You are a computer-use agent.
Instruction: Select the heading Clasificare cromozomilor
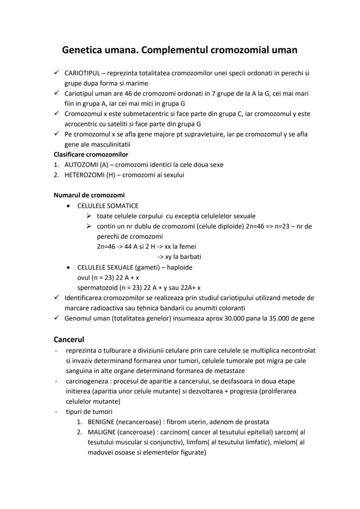point(90,154)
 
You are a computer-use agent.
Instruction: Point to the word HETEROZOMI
point(83,175)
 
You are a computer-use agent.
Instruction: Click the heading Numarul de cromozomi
point(89,195)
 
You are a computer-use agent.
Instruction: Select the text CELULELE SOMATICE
point(108,206)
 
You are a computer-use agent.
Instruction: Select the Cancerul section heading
point(69,339)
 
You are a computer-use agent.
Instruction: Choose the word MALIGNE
point(101,432)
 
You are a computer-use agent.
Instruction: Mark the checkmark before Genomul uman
point(57,318)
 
